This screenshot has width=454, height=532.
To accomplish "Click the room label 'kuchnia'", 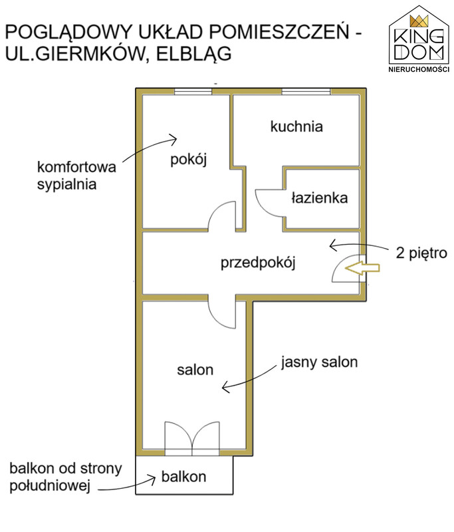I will tap(296, 126).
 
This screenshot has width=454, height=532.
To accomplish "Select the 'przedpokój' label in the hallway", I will tap(257, 263).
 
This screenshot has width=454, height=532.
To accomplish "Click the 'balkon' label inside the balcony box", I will tap(183, 476).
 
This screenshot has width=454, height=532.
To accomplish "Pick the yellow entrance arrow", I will tap(364, 268).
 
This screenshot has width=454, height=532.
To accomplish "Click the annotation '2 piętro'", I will tap(421, 253).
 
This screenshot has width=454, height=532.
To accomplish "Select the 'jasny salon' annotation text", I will tap(319, 362).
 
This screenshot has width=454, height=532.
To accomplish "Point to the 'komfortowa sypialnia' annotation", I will tap(76, 175).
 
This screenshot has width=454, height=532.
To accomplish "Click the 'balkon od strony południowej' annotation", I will tap(65, 477).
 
